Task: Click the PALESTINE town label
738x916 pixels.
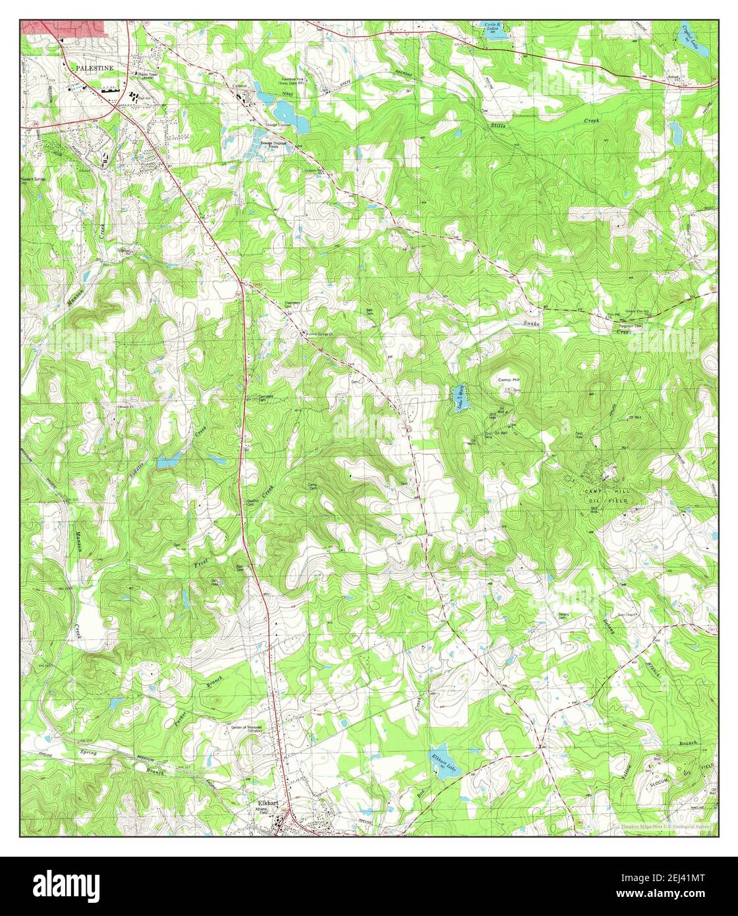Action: click(94, 67)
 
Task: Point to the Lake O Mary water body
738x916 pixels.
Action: click(462, 397)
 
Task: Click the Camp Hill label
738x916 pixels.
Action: click(509, 380)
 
